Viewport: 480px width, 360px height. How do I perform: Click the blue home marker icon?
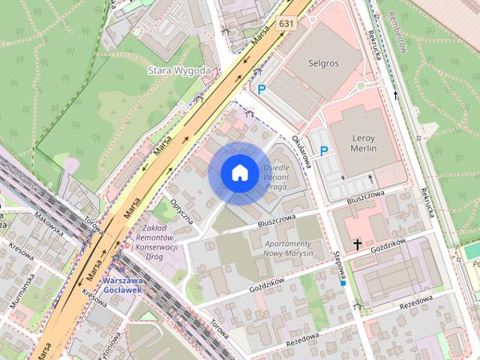(x=239, y=172)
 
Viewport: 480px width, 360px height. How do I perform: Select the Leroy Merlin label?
(x=364, y=143)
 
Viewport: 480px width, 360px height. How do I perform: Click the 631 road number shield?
(x=286, y=23)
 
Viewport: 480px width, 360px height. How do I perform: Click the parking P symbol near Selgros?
(x=262, y=89)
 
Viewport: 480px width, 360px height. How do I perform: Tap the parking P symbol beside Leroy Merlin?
(x=324, y=151)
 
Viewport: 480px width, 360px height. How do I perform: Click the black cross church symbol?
(x=357, y=244)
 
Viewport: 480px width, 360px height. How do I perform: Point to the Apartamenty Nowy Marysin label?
(x=287, y=248)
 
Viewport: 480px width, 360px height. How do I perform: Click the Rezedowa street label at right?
(x=416, y=301)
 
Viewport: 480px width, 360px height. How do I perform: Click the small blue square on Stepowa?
(x=343, y=283)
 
